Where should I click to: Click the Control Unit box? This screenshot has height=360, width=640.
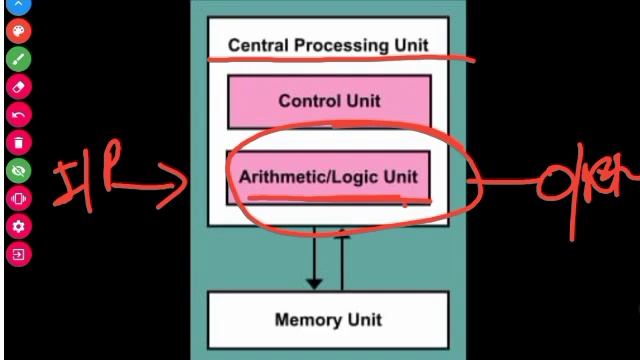[x=329, y=101]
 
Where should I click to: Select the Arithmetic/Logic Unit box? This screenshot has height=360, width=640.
[x=329, y=177]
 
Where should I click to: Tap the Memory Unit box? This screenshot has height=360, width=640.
[x=328, y=320]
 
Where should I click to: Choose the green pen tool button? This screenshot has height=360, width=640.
[x=18, y=58]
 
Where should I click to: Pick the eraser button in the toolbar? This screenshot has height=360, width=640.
[x=18, y=86]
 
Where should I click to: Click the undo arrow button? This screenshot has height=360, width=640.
[x=18, y=114]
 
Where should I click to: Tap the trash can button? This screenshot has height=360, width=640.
[x=18, y=142]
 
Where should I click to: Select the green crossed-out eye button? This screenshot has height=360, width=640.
[x=18, y=170]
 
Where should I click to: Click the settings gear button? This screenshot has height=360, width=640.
[x=18, y=226]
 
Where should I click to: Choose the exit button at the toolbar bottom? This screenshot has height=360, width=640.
[x=18, y=254]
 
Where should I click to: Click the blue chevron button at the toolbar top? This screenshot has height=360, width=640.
[x=18, y=5]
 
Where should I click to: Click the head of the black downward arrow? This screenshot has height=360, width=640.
[x=314, y=283]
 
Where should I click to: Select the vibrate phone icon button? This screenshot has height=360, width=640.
[x=18, y=198]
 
